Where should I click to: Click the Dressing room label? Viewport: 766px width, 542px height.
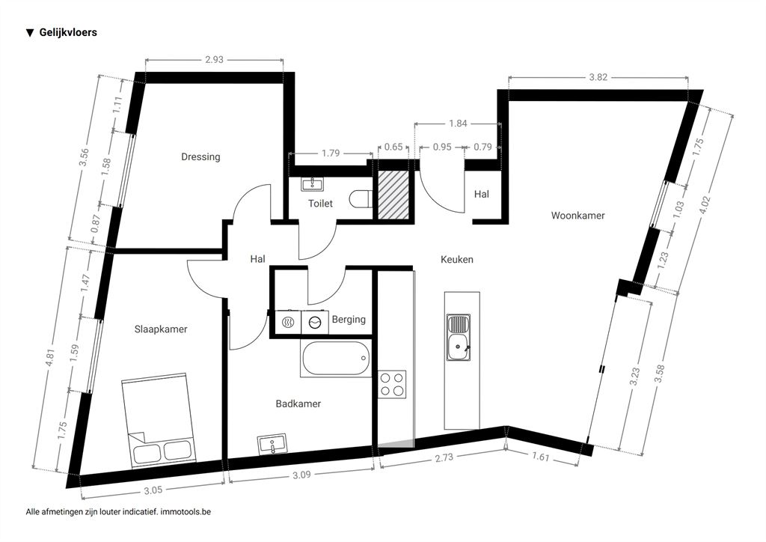point(200,157)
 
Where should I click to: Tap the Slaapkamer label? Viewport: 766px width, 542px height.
point(161,329)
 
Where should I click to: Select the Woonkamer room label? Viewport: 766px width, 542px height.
point(577,216)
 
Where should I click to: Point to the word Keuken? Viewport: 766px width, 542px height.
point(457,260)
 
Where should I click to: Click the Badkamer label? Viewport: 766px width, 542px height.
point(298,404)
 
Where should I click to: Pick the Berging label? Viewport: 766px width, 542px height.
point(349,320)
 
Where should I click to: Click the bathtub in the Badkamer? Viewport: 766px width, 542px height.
point(335,359)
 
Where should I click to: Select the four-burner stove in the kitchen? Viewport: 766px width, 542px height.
point(392,384)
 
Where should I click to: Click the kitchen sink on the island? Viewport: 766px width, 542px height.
point(459,338)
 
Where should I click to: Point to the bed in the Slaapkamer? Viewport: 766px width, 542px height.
point(158,418)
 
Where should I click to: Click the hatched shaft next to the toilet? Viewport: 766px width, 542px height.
point(391,195)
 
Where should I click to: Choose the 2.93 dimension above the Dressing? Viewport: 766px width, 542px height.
point(214,60)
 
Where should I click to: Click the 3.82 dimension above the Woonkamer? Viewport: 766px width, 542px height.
point(598,77)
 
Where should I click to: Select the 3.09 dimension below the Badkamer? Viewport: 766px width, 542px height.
point(301,475)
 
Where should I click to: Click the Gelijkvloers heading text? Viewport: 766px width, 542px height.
point(68,33)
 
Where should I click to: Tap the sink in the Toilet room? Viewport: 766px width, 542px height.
point(312,183)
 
